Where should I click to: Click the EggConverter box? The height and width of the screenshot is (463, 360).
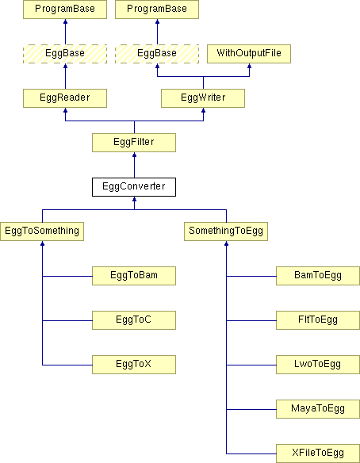134,187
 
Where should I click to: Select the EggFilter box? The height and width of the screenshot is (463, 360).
134,143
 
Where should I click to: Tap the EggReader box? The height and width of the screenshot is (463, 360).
65,98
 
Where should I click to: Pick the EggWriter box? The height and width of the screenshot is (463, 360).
203,98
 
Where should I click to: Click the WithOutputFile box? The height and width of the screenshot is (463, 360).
249,54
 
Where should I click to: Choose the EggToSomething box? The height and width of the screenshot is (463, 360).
42,231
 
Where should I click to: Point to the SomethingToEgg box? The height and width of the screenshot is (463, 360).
226,231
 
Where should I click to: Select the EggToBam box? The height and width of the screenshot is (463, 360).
134,276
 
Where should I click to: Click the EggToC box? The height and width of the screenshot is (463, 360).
134,320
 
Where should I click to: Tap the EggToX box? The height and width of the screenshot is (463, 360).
134,365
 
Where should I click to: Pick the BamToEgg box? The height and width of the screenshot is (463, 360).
318,276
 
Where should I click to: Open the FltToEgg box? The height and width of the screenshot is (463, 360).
318,320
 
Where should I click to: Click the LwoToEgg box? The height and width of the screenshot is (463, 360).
318,365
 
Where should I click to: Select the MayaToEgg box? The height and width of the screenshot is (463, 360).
318,409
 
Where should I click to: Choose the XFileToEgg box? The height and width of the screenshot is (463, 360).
318,453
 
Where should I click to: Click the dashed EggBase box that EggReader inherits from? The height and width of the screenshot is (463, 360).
65,54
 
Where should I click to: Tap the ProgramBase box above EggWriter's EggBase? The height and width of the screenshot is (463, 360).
157,10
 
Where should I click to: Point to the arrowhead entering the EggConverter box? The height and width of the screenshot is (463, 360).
134,199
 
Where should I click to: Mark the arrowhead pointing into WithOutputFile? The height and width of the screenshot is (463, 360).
249,66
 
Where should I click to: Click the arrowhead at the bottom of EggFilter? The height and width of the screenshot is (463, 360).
134,155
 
